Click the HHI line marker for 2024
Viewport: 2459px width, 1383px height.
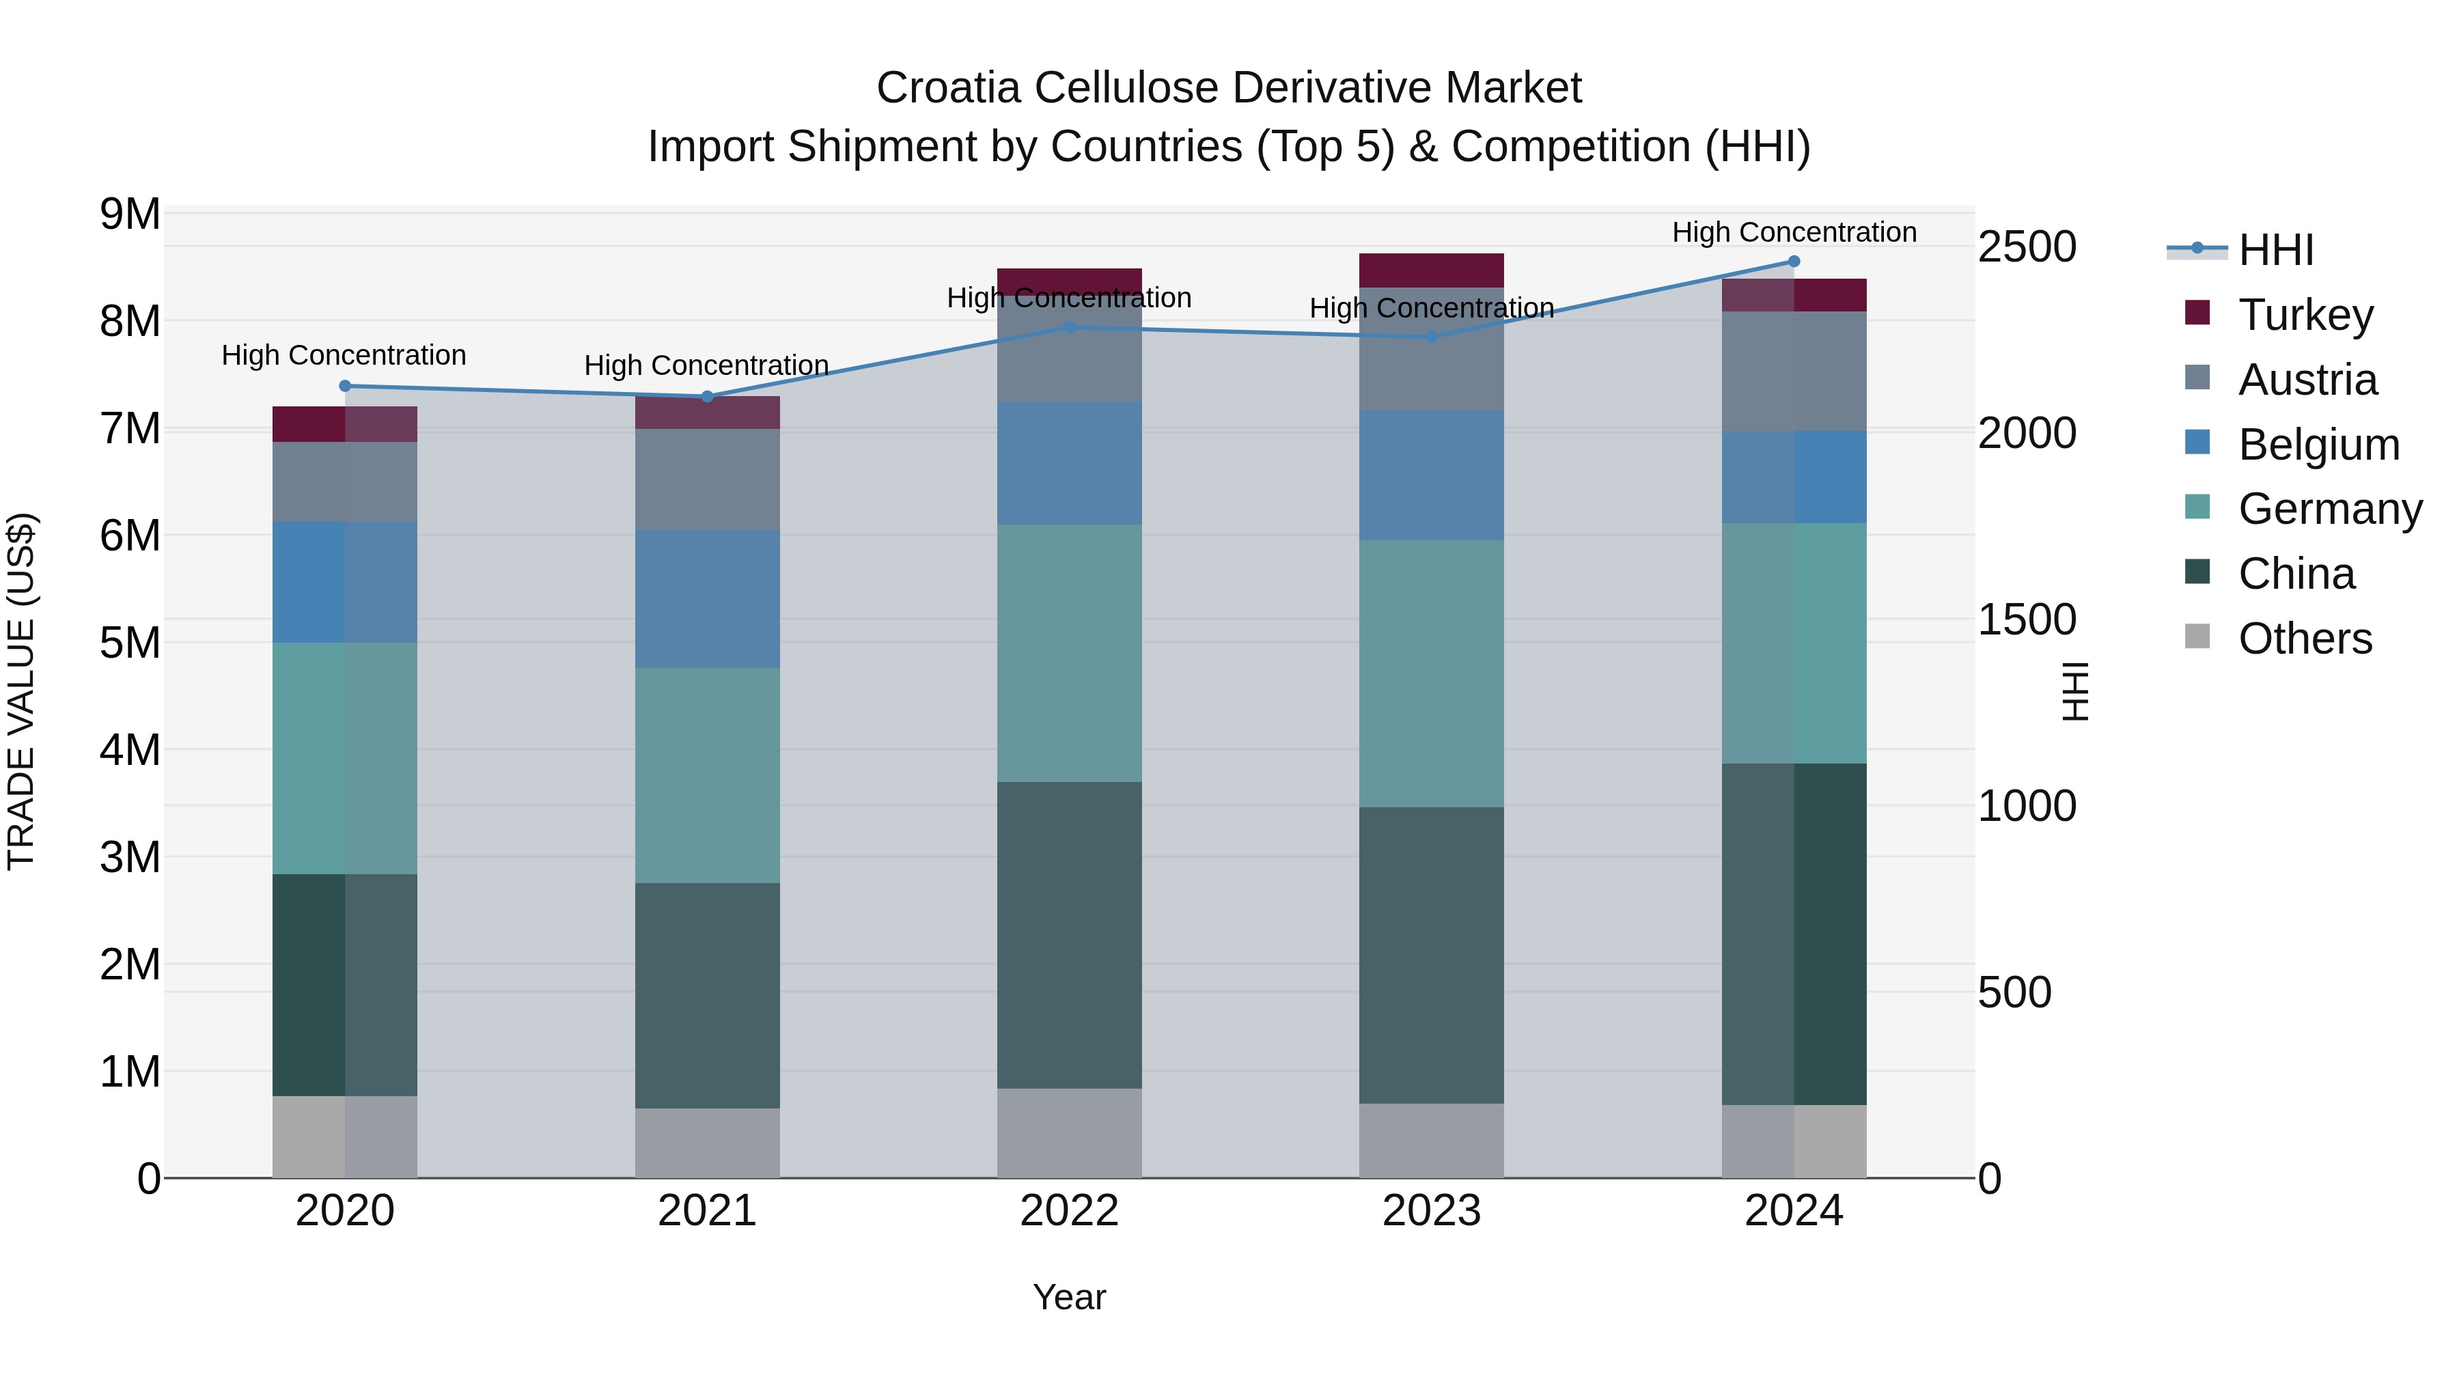coord(1794,262)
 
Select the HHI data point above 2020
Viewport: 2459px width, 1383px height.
coord(346,387)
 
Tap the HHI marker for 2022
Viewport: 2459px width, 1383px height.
coord(1069,327)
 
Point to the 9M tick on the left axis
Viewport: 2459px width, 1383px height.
coord(130,214)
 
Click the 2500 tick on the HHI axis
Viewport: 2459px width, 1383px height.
coord(2027,247)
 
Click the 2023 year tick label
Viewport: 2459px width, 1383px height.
coord(1431,1211)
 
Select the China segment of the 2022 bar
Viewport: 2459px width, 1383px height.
coord(1069,936)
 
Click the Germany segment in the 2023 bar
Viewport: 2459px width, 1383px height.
coord(1431,674)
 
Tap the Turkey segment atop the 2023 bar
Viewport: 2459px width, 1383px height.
coord(1431,270)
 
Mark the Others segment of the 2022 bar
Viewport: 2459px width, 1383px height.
coord(1069,1133)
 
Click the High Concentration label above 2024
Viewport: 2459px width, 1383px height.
coord(1794,232)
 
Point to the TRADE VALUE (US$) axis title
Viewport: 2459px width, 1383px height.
coord(21,691)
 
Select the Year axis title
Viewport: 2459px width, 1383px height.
coord(1069,1297)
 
